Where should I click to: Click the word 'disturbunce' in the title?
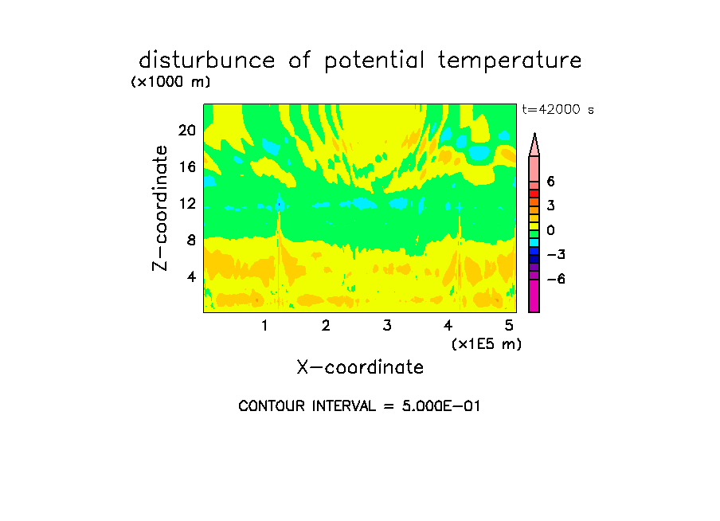pos(207,60)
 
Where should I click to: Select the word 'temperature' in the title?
pos(510,61)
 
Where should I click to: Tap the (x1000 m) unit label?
pos(170,82)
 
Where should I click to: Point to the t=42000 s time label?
pos(558,109)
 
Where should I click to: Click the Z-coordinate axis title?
pos(159,208)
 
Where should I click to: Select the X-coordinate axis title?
pos(360,367)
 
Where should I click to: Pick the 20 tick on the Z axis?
pos(187,131)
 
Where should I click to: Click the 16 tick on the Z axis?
pos(187,166)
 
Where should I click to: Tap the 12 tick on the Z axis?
pos(187,203)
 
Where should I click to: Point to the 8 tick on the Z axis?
pos(191,240)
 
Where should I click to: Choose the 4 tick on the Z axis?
pos(191,276)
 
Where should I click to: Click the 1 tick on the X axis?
pos(264,325)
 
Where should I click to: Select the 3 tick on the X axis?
pos(387,325)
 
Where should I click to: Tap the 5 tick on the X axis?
pos(509,325)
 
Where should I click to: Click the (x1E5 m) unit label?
pos(487,344)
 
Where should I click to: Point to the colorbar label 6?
pos(550,182)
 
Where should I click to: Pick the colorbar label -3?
pos(556,255)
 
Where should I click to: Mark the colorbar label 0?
pos(550,230)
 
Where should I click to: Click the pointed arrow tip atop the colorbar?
pos(534,134)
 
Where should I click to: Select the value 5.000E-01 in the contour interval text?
pos(440,406)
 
